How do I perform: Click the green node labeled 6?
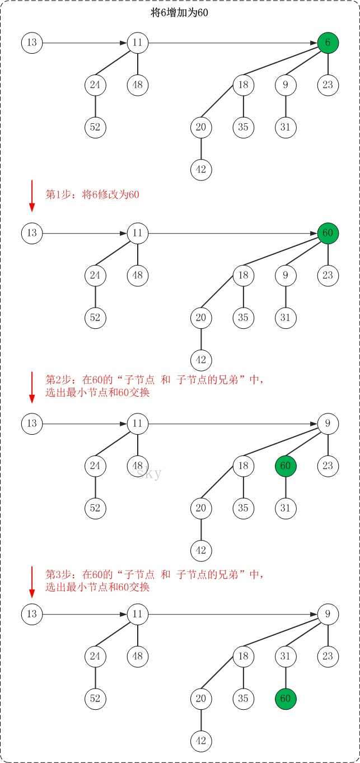click(328, 43)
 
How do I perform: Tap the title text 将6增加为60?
click(179, 13)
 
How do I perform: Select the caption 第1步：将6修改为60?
click(92, 194)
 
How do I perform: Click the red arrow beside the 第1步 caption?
click(32, 196)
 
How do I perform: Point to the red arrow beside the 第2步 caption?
click(32, 387)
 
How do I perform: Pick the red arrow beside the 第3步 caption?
click(32, 582)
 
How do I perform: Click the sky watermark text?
click(149, 473)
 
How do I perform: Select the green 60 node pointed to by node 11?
click(328, 233)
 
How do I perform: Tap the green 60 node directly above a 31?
click(286, 466)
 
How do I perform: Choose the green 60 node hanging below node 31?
click(286, 699)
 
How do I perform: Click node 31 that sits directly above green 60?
click(286, 657)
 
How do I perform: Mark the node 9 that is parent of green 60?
click(328, 424)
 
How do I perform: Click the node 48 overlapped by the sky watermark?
click(138, 466)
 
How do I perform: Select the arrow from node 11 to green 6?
click(233, 43)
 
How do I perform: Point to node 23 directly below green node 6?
click(328, 85)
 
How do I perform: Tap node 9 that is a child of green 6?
click(286, 85)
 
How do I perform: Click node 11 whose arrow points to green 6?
click(138, 43)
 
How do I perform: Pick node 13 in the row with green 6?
click(32, 43)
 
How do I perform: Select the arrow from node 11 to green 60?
click(233, 234)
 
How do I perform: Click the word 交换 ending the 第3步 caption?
click(139, 587)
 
